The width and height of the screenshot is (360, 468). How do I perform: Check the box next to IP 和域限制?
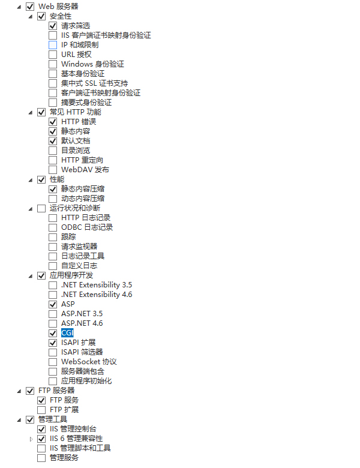[53, 45]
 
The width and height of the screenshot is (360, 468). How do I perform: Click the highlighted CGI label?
[67, 333]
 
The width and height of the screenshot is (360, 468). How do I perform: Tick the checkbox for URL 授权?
[53, 55]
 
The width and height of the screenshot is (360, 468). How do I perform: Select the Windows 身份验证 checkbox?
[53, 64]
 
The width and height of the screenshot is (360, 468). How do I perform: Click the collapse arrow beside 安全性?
[31, 17]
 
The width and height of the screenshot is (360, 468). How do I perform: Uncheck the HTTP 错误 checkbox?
[53, 122]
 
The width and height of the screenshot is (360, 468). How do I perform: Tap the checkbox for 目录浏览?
[53, 151]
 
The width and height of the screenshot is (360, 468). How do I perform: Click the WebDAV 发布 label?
[85, 170]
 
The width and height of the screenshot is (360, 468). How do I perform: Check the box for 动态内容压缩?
[53, 199]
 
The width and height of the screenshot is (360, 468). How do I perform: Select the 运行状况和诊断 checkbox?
[41, 208]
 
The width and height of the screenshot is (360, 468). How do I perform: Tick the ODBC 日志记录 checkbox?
[53, 227]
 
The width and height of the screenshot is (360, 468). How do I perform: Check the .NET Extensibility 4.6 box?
[53, 295]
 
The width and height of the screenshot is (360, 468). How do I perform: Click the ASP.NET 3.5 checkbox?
[53, 314]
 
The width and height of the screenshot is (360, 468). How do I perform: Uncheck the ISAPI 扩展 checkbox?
[53, 343]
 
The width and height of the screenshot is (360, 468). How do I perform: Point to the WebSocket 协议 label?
[89, 362]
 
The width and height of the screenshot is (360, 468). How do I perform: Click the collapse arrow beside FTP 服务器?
[19, 391]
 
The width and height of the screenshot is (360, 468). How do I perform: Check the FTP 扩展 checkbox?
[41, 410]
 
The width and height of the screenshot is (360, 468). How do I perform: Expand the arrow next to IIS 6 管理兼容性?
[31, 439]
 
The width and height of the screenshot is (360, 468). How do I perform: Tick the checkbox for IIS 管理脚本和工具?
[41, 448]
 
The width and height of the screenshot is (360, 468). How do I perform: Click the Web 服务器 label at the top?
[58, 6]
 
